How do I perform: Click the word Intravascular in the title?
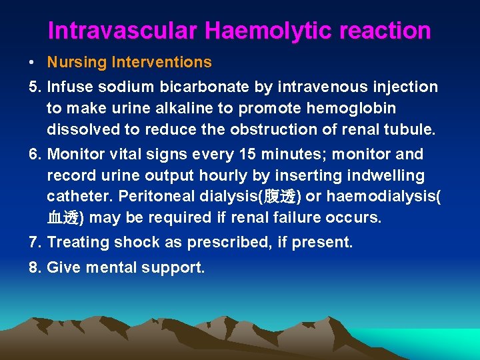pos(123,31)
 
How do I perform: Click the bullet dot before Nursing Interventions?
pos(32,63)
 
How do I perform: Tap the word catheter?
pos(73,197)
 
